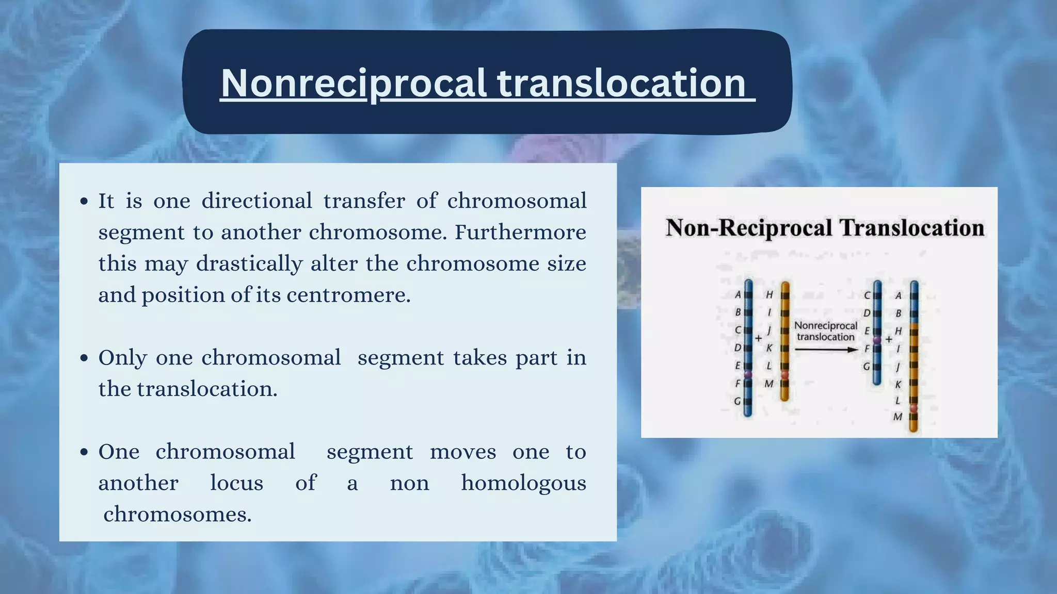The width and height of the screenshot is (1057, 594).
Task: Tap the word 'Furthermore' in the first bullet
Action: pyautogui.click(x=520, y=233)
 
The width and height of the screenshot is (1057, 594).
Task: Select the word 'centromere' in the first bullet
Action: pyautogui.click(x=346, y=295)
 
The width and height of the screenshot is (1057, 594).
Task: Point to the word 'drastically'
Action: pyautogui.click(x=249, y=264)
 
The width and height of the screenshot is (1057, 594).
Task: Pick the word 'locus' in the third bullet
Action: pyautogui.click(x=236, y=483)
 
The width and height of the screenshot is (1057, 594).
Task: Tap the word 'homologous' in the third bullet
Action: pyautogui.click(x=523, y=483)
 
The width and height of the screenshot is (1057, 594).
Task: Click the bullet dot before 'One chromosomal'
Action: pyautogui.click(x=85, y=453)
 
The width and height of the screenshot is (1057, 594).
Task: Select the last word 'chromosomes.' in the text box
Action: pyautogui.click(x=177, y=515)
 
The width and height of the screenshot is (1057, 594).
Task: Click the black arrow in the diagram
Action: pyautogui.click(x=825, y=350)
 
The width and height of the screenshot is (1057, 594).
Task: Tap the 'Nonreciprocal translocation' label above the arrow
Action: pyautogui.click(x=825, y=331)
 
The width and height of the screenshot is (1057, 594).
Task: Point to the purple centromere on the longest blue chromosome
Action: pyautogui.click(x=748, y=374)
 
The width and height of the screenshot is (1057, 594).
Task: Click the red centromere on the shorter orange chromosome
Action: pyautogui.click(x=785, y=375)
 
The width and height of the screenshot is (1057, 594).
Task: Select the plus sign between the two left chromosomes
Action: pyautogui.click(x=758, y=339)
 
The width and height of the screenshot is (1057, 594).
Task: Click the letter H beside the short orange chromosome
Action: pyautogui.click(x=769, y=295)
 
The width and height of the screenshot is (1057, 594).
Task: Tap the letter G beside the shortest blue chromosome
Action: pyautogui.click(x=867, y=367)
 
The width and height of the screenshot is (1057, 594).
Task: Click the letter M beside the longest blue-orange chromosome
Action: pyautogui.click(x=898, y=417)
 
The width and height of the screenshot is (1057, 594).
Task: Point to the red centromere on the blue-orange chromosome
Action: pyautogui.click(x=914, y=408)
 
